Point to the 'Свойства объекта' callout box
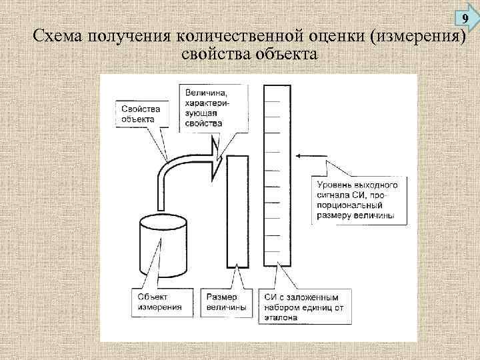pos(139,113)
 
